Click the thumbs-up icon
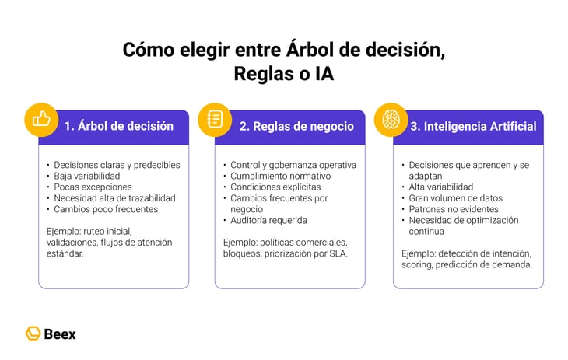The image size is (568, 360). (40, 119)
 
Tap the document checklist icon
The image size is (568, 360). (215, 119)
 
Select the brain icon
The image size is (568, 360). (391, 120)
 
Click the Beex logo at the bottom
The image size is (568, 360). (51, 334)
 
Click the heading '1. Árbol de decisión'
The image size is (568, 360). (119, 126)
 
